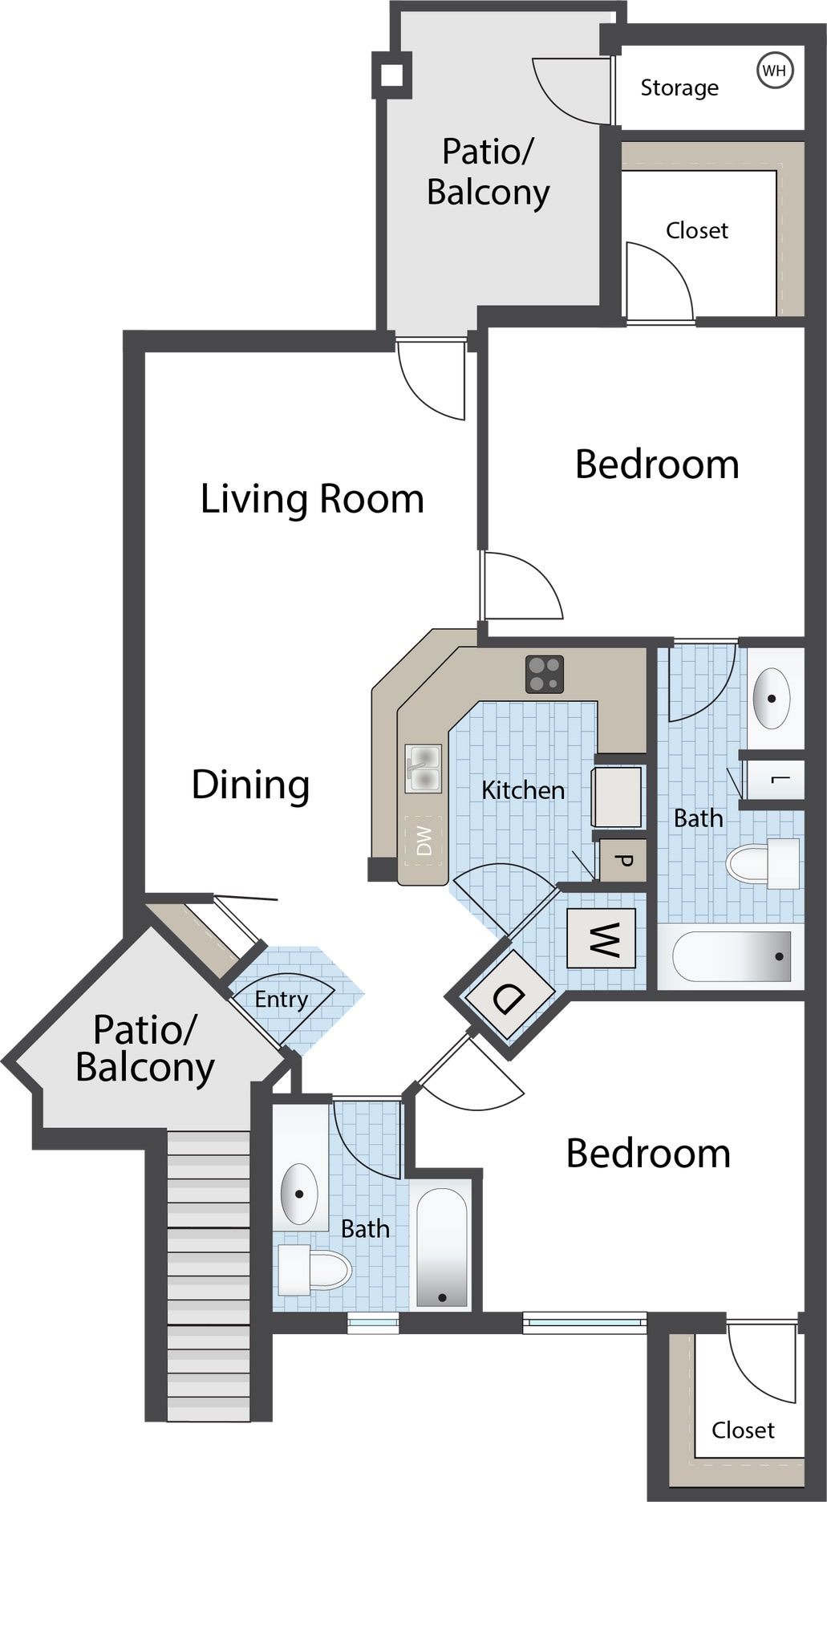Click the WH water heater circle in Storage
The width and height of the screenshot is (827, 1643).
coord(775,71)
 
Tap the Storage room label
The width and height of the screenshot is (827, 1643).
coord(679,87)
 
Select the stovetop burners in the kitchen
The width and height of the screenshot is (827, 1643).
coord(545,674)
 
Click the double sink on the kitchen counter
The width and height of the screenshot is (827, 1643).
coord(424,769)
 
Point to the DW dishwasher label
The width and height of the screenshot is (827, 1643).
coord(424,841)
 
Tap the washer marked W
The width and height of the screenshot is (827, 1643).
coord(602,938)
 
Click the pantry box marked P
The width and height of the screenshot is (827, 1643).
coord(622,860)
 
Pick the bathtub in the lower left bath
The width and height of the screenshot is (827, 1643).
coord(442,1247)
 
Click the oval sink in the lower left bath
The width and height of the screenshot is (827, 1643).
coord(299,1194)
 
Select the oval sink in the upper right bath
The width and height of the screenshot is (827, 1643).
coord(772,698)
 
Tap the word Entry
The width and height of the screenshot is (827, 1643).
coord(282,1000)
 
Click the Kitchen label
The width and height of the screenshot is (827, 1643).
coord(523,790)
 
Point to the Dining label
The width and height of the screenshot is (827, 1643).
coord(250,785)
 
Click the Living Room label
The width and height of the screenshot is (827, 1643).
coord(312,499)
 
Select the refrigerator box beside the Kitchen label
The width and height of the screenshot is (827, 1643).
coord(617,797)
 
